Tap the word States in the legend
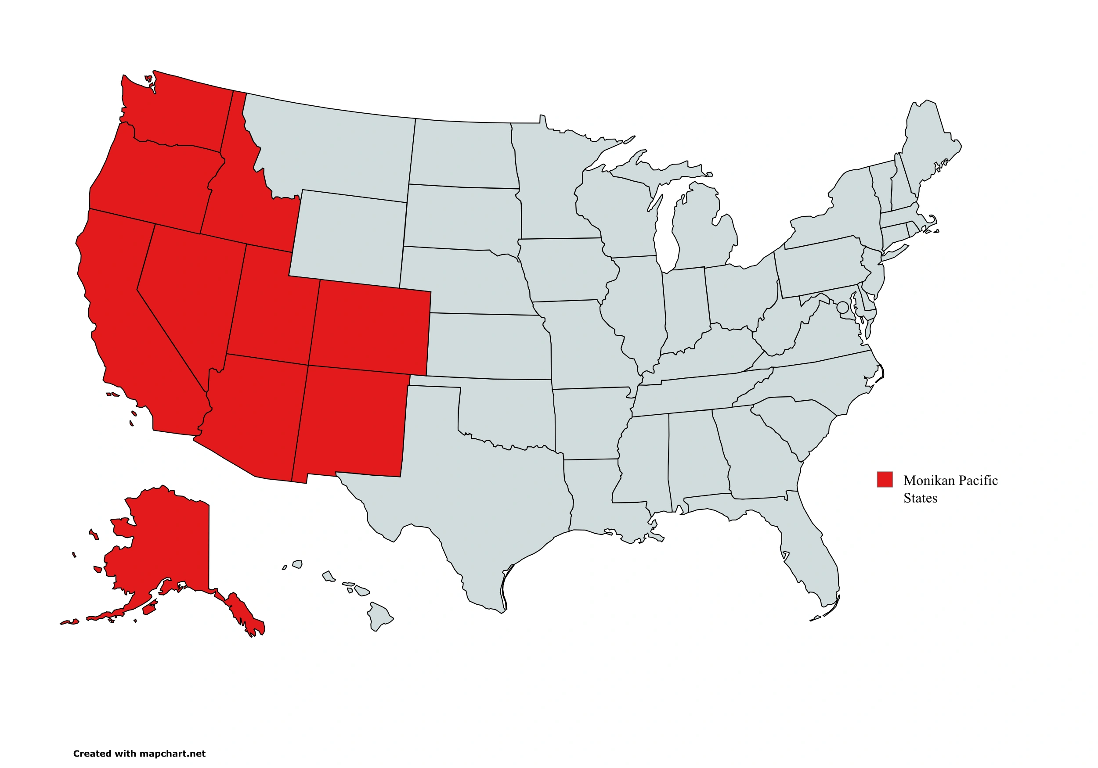(x=920, y=498)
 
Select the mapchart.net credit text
(x=139, y=754)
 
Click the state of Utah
(x=270, y=311)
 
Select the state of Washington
(x=182, y=115)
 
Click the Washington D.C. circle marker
(x=843, y=307)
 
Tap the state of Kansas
(x=488, y=347)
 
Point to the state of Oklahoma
(x=507, y=411)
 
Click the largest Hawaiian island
(x=380, y=617)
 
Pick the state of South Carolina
(x=798, y=420)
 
